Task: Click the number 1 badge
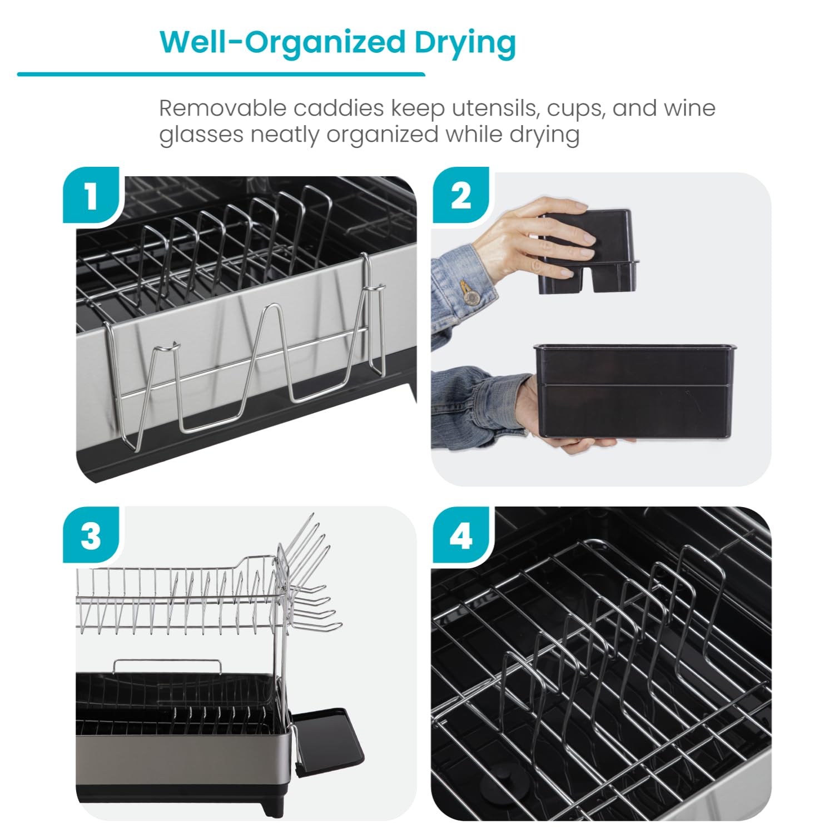tap(91, 196)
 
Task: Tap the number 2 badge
tap(460, 196)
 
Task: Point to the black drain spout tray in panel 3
tap(328, 734)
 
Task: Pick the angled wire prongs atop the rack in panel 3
tap(311, 567)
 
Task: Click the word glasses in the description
tap(201, 135)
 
